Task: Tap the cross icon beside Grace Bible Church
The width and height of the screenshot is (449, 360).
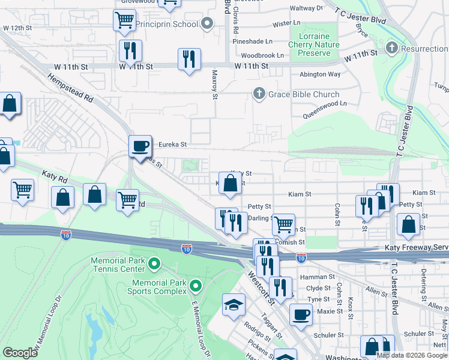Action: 259,94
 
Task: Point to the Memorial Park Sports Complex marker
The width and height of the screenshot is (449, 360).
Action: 194,286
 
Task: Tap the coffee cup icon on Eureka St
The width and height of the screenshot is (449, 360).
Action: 140,146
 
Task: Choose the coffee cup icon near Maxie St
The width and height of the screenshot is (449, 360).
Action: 301,314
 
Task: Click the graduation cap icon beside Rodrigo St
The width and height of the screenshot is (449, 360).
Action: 234,305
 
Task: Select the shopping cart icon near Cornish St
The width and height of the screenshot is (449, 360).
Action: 283,224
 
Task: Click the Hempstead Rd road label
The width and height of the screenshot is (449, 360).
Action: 70,89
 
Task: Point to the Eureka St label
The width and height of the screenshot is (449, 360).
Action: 173,145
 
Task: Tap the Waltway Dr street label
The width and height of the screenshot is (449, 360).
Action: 306,8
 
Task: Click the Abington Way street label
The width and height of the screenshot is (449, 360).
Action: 320,74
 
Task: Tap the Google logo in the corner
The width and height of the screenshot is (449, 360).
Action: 20,353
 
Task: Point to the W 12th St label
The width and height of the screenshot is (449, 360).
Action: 17,28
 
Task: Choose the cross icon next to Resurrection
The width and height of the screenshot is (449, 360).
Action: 391,47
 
